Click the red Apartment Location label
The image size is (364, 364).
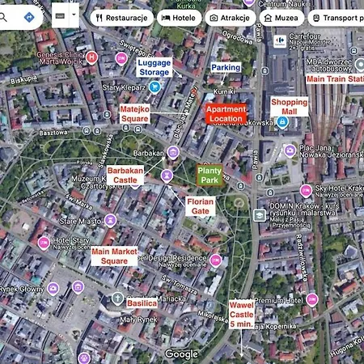point(226,113)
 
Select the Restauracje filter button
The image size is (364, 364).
point(121,17)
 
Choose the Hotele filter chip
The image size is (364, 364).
point(178,17)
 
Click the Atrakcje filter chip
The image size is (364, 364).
point(231,17)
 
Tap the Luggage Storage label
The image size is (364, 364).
point(154,66)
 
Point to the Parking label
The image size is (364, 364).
point(226,68)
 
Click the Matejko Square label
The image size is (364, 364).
point(134,113)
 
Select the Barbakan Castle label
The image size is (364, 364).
point(125,176)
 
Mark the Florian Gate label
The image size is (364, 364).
point(200,205)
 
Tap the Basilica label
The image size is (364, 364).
point(142,303)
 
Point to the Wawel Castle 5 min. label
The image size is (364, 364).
point(242,315)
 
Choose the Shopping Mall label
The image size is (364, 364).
point(289,108)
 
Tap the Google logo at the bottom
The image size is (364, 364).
point(181,354)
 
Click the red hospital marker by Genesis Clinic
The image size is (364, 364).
point(92,57)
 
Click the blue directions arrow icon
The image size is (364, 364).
point(29,16)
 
